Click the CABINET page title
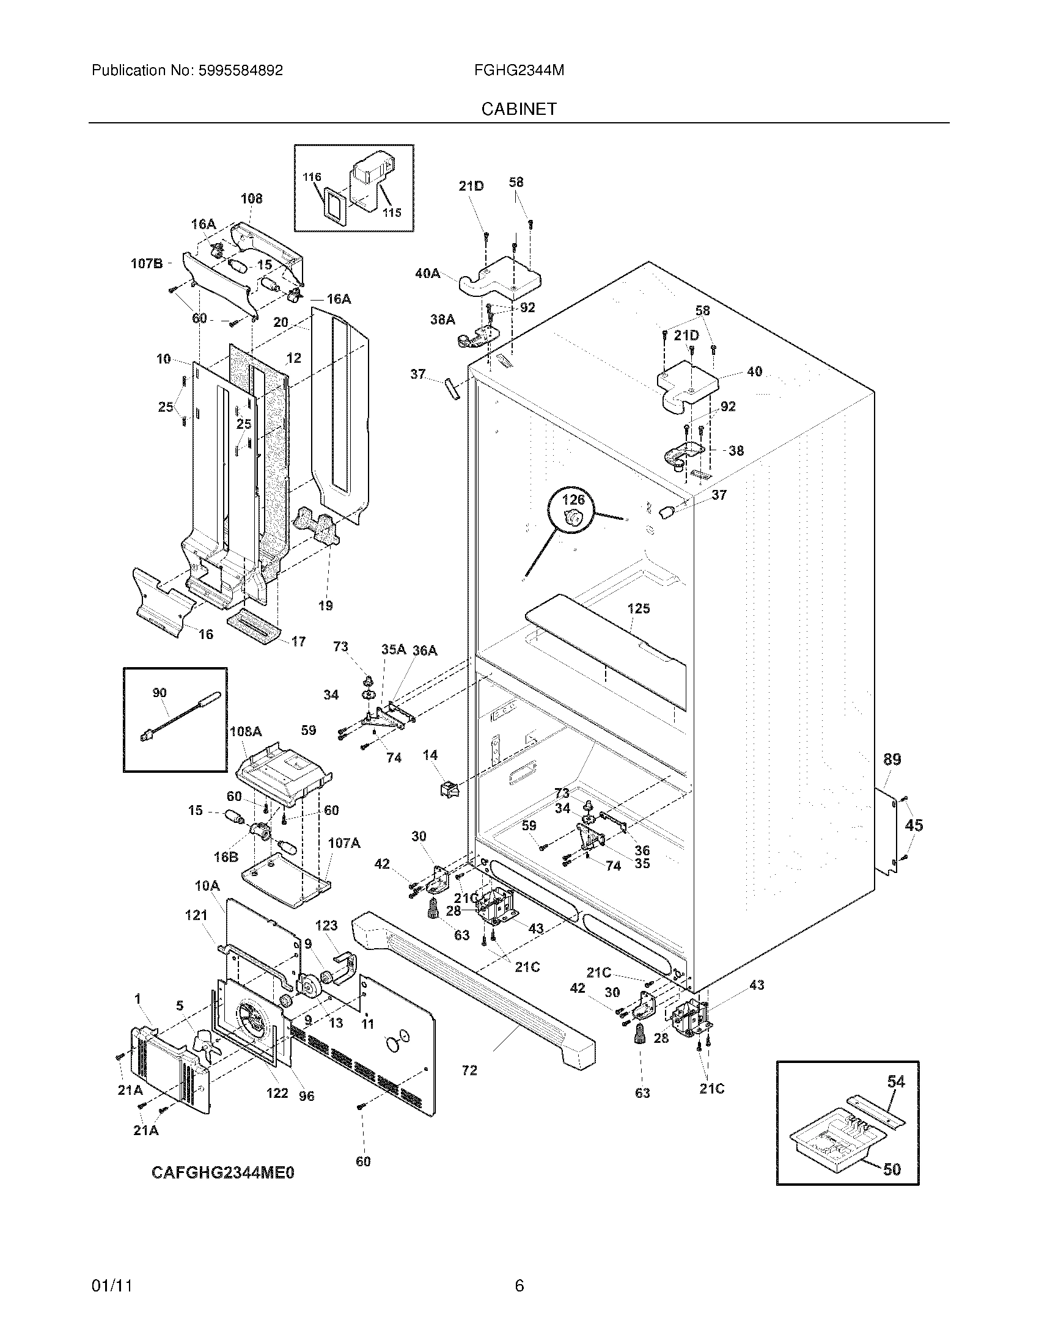[519, 109]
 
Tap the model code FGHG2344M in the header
[519, 70]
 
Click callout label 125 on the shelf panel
[638, 608]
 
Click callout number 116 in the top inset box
[312, 177]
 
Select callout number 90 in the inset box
[160, 693]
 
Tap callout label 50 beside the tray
[892, 1169]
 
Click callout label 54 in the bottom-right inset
[895, 1081]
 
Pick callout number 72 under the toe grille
[469, 1070]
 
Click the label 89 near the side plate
[892, 759]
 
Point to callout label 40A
[427, 273]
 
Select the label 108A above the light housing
[245, 731]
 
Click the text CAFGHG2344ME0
[223, 1173]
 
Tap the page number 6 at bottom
[519, 1285]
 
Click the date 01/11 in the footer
[112, 1285]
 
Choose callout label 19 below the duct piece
[325, 605]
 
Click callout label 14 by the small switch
[430, 754]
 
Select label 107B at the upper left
[147, 263]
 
